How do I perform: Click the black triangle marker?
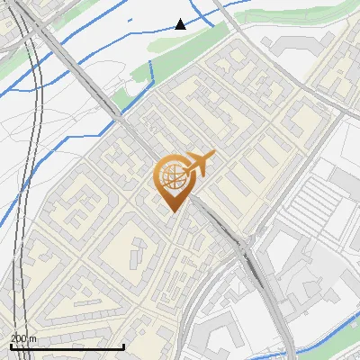pos(181,24)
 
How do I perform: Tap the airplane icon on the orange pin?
pos(199,163)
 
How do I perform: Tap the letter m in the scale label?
pos(34,338)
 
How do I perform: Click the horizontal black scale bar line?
pos(67,346)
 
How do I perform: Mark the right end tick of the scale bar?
pos(123,345)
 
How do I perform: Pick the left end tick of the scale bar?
pos(11,345)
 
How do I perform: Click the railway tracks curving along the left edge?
pos(38,135)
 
